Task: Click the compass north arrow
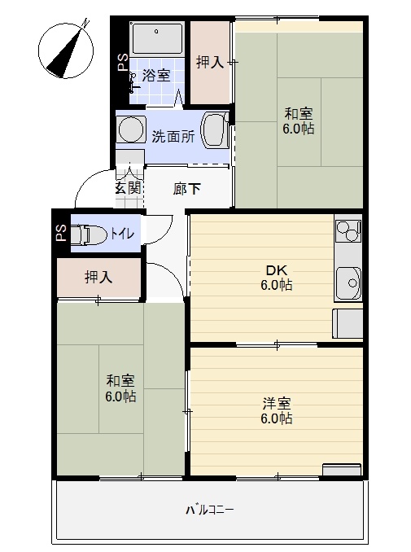[x=67, y=50]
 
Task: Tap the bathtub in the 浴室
[x=157, y=38]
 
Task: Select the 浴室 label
[x=156, y=76]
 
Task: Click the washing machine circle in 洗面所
[x=131, y=129]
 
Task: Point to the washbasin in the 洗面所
[x=214, y=129]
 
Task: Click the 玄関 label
[x=129, y=187]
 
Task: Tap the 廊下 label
[x=186, y=189]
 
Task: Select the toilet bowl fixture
[x=89, y=234]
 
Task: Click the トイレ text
[x=122, y=234]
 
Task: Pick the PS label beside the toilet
[x=62, y=233]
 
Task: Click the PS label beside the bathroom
[x=123, y=63]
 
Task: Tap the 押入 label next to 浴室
[x=210, y=63]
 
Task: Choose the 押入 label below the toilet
[x=98, y=278]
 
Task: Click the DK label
[x=277, y=270]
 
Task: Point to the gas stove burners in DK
[x=348, y=231]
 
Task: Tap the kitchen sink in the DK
[x=348, y=282]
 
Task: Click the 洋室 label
[x=277, y=404]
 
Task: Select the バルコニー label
[x=210, y=510]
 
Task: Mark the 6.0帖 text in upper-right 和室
[x=299, y=129]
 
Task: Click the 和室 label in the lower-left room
[x=120, y=381]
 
